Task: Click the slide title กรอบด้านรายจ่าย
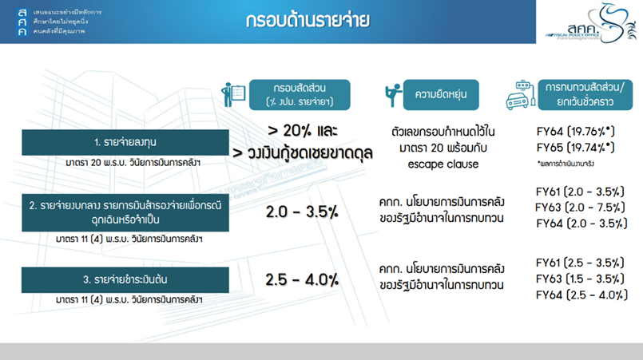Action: point(308,20)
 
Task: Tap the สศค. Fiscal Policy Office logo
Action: point(591,23)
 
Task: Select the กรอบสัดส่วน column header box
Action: point(300,95)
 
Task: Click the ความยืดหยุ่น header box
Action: point(441,95)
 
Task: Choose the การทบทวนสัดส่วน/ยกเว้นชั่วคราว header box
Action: point(585,95)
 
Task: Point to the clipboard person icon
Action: point(233,95)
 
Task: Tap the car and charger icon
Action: point(521,95)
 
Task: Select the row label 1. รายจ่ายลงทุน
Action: point(125,142)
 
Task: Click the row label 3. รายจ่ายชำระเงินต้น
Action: point(125,279)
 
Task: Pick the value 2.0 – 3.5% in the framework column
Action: point(302,212)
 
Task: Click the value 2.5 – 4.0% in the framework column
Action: point(302,279)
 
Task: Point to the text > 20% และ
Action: point(302,131)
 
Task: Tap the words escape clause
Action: point(443,164)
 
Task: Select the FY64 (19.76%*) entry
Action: point(576,132)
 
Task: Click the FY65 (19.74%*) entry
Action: point(576,148)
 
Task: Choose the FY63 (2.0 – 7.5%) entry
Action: point(580,208)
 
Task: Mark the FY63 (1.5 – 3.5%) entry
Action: point(580,279)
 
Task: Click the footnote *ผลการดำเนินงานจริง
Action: point(566,164)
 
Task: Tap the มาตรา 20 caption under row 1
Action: point(133,163)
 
